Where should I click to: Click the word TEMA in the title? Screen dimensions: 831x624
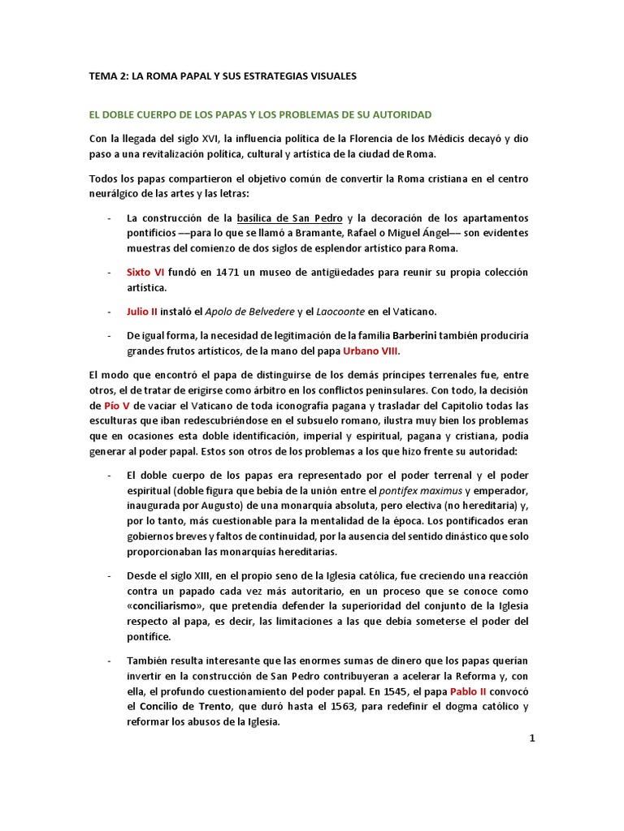coord(103,76)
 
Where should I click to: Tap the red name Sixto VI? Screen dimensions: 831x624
coord(145,272)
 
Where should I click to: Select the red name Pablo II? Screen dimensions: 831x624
coord(485,692)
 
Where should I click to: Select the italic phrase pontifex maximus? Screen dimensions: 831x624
coord(418,491)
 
